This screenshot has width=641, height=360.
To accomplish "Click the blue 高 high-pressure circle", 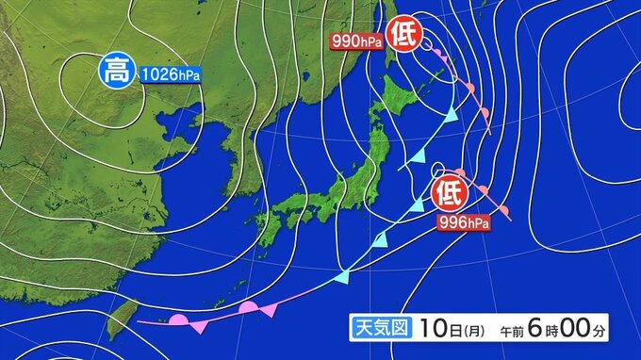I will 117,70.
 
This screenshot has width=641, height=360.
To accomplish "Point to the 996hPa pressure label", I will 463,222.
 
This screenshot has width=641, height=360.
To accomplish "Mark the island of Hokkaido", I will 404,99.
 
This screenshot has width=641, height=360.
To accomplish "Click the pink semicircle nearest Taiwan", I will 176,319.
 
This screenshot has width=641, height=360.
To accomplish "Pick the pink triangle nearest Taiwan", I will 200,327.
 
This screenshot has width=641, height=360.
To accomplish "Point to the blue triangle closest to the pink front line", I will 343,277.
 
